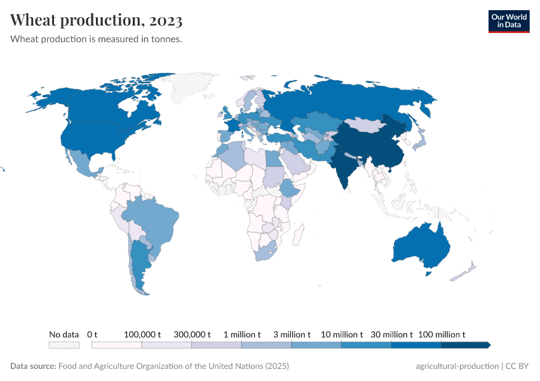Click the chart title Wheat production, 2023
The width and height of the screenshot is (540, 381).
[x=97, y=20]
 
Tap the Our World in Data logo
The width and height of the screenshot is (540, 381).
[x=508, y=21]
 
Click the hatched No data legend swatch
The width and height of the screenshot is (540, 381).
[x=64, y=345]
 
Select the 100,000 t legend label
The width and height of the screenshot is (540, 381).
[x=142, y=334]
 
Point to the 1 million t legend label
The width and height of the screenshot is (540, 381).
[x=241, y=334]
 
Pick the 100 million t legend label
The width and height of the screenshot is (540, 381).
[x=442, y=334]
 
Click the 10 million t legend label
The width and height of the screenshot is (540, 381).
[x=342, y=334]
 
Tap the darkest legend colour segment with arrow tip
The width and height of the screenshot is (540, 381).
[x=466, y=345]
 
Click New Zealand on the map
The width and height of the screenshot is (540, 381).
[x=464, y=272]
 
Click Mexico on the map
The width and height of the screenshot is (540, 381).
[x=81, y=163]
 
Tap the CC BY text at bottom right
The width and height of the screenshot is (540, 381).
[x=518, y=366]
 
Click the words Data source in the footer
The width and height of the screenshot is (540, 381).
[x=33, y=366]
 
